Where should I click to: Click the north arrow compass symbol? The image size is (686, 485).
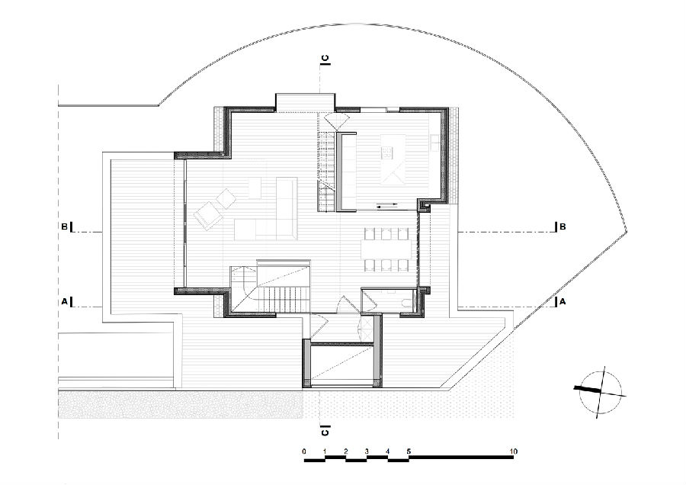(x=601, y=392)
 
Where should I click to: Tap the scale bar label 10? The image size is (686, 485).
(x=513, y=451)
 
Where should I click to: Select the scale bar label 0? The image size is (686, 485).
(x=304, y=451)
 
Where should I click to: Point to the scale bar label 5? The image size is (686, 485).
(x=409, y=451)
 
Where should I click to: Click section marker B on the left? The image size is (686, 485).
(x=64, y=226)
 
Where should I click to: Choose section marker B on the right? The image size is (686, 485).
(x=563, y=226)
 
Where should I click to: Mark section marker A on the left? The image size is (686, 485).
(x=64, y=301)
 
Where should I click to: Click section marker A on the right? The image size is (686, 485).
(x=563, y=301)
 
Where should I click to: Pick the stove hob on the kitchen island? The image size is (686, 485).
(x=387, y=153)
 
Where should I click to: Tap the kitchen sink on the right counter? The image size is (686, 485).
(x=435, y=143)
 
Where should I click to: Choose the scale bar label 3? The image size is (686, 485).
(x=367, y=451)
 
